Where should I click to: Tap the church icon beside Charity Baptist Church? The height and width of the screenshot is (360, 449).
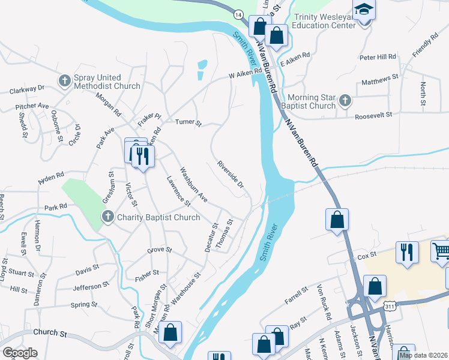pyautogui.click(x=107, y=217)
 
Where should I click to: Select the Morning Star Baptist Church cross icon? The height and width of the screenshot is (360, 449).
pyautogui.click(x=345, y=101)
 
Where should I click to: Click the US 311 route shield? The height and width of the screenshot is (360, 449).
pyautogui.click(x=391, y=306)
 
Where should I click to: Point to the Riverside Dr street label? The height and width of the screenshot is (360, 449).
pyautogui.click(x=231, y=174)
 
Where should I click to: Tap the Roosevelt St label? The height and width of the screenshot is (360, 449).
pyautogui.click(x=373, y=115)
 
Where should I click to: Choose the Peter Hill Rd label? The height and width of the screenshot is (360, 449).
pyautogui.click(x=378, y=57)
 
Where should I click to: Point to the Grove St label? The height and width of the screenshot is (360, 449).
pyautogui.click(x=160, y=250)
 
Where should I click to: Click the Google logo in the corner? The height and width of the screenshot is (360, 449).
pyautogui.click(x=20, y=353)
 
